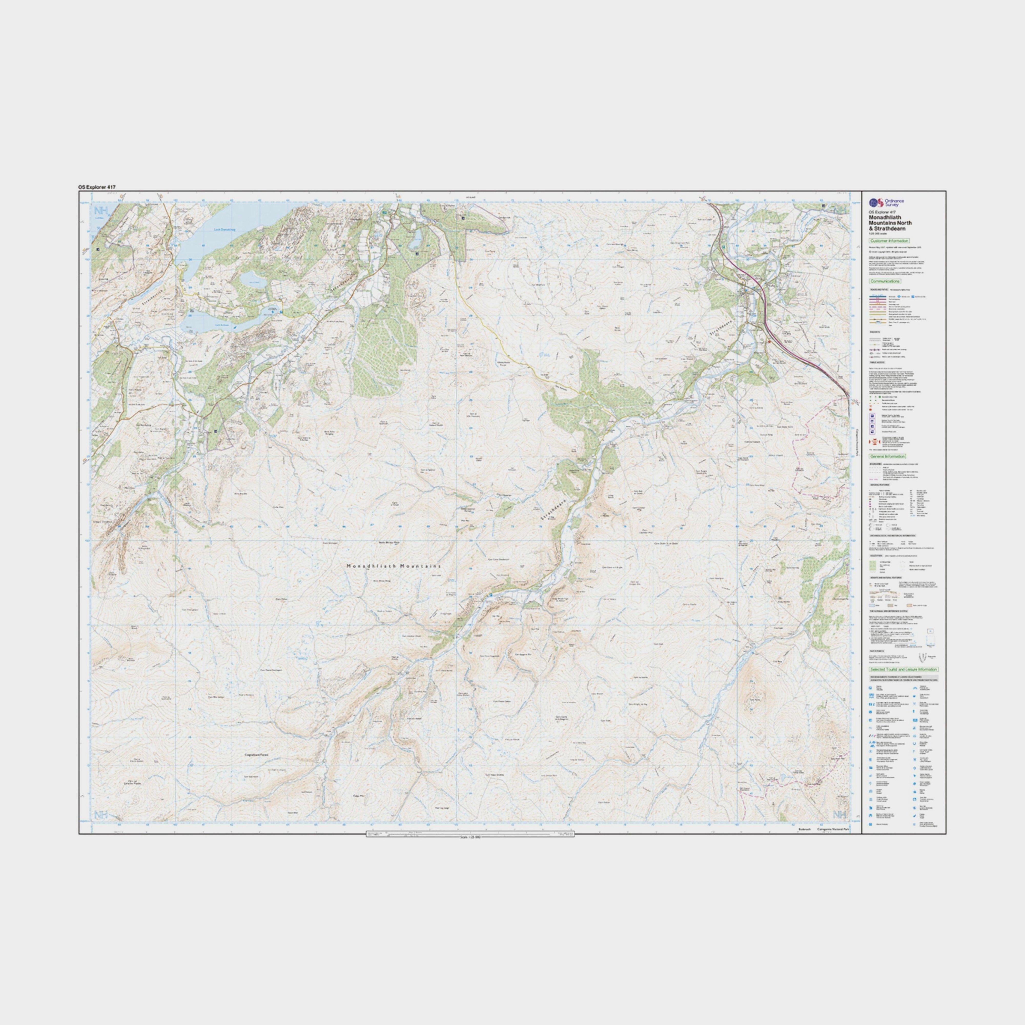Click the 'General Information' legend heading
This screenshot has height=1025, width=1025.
tap(888, 456)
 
